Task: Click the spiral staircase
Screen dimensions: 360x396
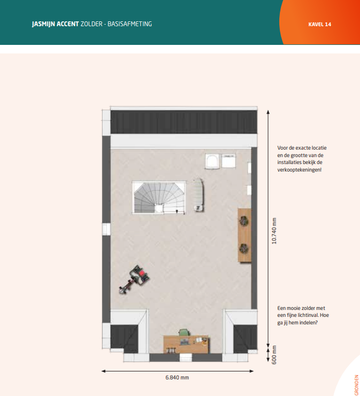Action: (159, 198)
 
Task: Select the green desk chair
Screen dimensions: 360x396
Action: (184, 332)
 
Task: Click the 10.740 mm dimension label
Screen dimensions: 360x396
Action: (274, 231)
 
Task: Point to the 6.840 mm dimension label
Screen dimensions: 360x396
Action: (177, 378)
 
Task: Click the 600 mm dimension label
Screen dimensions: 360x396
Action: (274, 355)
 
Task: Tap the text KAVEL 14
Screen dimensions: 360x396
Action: (319, 24)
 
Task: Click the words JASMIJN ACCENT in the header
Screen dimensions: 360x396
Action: (56, 24)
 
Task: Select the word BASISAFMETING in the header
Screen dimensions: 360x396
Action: (129, 24)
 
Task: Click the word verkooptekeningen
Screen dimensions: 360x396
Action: (299, 170)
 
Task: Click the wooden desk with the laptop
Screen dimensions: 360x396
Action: (186, 344)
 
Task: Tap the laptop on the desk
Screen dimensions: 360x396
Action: (184, 342)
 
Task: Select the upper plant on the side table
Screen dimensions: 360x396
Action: (244, 221)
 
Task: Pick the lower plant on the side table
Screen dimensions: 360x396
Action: (244, 249)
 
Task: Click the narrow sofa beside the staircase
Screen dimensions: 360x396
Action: (199, 195)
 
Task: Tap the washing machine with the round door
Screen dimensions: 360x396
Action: (212, 161)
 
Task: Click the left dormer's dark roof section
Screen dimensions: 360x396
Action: (124, 338)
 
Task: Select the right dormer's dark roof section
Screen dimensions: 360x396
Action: (245, 338)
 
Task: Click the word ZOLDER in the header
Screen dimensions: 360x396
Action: (91, 24)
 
